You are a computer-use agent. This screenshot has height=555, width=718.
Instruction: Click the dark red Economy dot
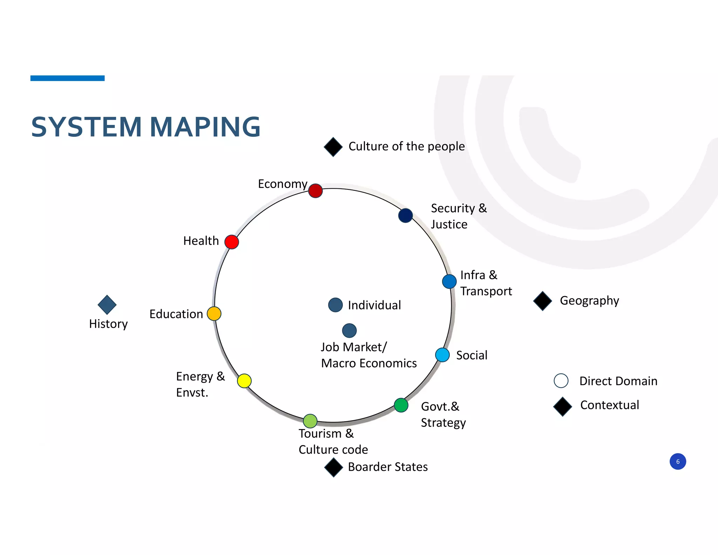click(316, 191)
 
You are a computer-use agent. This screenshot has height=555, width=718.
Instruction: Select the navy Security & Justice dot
click(405, 215)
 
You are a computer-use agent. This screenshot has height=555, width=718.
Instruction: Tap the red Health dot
click(232, 242)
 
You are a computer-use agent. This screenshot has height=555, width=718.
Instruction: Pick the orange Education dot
click(214, 314)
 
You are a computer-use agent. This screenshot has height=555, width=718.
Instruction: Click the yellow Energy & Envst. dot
click(244, 381)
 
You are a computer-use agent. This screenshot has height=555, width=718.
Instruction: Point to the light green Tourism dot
click(310, 421)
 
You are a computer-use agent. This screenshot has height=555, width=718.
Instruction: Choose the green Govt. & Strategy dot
click(401, 405)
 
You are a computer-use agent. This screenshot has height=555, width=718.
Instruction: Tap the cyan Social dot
click(442, 355)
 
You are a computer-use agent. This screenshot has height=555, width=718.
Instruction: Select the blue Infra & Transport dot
click(449, 281)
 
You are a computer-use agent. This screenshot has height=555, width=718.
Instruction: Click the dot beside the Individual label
click(336, 305)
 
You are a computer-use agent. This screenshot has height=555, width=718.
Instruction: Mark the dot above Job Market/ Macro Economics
click(349, 330)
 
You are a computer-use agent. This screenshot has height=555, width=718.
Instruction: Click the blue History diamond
click(107, 305)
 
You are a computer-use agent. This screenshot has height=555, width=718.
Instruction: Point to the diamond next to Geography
click(543, 301)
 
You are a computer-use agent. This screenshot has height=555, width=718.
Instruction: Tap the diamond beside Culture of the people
click(333, 147)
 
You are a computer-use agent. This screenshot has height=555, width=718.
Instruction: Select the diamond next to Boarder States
click(333, 467)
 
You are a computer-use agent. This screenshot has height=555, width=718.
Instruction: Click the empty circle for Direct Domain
click(561, 381)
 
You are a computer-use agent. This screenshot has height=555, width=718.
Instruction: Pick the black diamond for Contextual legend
click(563, 406)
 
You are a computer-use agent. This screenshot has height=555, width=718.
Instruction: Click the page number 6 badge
click(678, 461)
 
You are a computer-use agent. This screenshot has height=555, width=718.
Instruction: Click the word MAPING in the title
click(205, 127)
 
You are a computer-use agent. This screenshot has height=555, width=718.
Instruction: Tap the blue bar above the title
click(67, 78)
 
